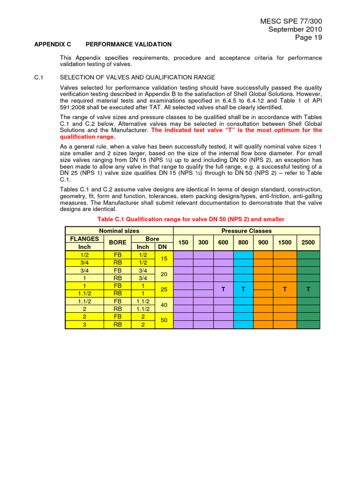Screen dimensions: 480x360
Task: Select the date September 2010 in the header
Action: pos(295,30)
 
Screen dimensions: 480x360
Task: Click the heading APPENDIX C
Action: pos(52,45)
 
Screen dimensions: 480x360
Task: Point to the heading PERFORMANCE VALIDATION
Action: pos(128,45)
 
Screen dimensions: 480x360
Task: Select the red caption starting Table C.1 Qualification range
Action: pos(190,219)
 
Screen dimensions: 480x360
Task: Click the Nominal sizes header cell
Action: pos(119,231)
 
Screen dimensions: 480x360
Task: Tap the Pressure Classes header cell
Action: pos(247,231)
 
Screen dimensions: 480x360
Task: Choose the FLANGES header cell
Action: pos(84,239)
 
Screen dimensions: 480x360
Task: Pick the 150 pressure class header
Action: pos(183,242)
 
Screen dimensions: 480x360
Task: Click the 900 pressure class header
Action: pos(263,242)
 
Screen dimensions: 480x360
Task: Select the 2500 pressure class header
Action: pos(308,242)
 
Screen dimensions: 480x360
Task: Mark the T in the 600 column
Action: pos(224,290)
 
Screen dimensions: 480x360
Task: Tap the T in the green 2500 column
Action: pos(308,290)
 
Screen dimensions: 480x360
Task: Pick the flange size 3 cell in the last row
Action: pos(84,324)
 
